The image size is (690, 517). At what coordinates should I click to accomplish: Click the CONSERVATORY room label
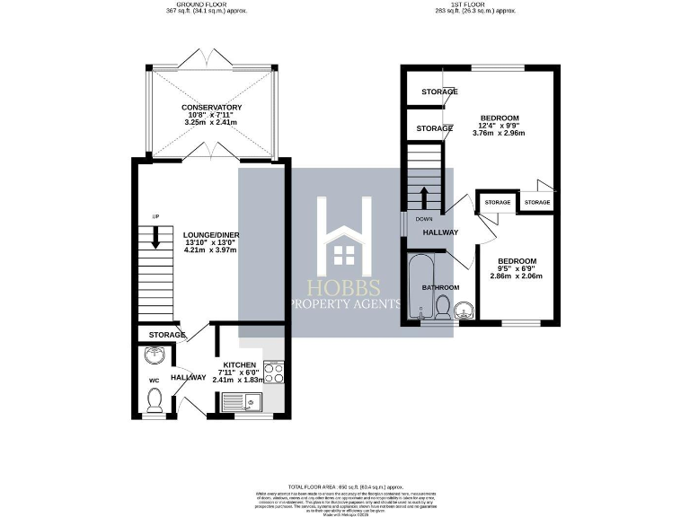pos(211,108)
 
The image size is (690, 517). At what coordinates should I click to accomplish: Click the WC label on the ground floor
pos(153,380)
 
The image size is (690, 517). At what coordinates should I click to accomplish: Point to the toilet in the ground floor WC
pos(154,400)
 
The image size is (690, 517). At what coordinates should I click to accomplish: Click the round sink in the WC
pos(155,354)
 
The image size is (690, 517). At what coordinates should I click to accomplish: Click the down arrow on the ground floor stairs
pos(155,237)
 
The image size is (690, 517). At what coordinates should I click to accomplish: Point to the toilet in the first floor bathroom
pos(441,308)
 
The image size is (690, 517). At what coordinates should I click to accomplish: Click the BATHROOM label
pos(440,287)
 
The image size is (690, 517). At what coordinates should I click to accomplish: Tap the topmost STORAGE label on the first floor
pos(438,92)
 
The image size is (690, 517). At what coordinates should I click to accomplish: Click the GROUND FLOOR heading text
pos(207,4)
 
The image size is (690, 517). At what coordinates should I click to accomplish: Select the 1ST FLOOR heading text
pos(476,4)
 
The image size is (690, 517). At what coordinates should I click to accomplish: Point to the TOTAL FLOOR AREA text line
pos(344,484)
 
